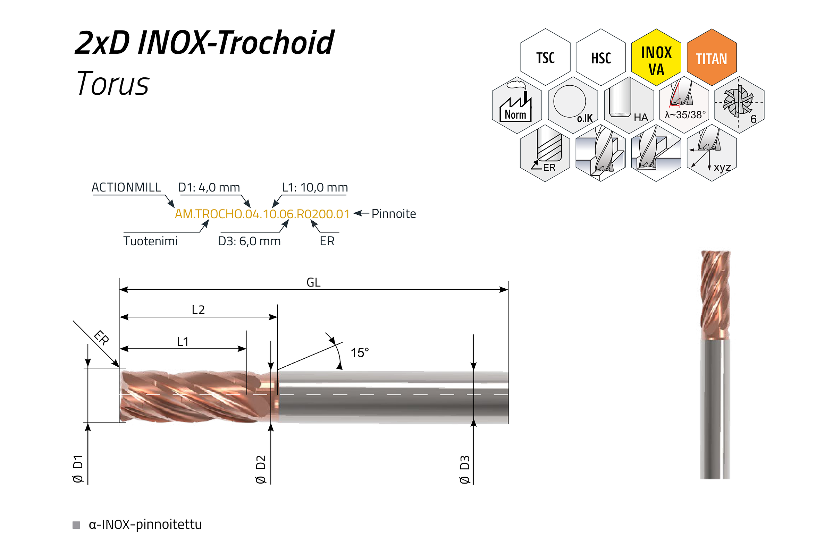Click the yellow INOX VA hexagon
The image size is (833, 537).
coord(656,57)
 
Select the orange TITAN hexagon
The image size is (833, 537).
coord(712,57)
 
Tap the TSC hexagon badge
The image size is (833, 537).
coord(545,57)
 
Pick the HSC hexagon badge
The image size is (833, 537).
coord(601,57)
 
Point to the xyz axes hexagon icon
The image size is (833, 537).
coord(712,153)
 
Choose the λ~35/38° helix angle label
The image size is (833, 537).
coord(685,115)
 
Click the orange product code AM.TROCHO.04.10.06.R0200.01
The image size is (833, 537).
coord(262,214)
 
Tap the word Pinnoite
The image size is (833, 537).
coord(394,214)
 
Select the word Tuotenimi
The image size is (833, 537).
coord(150,241)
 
